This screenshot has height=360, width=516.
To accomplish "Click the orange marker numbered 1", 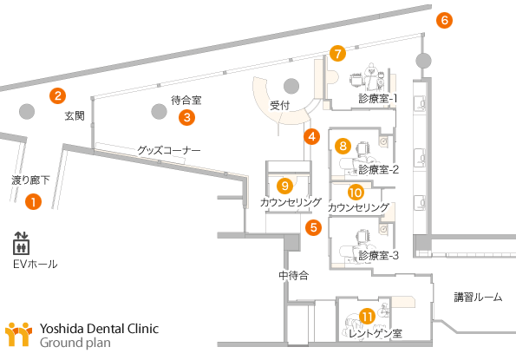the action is tap(33, 201).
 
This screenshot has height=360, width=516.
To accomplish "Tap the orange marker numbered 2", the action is tap(57, 95).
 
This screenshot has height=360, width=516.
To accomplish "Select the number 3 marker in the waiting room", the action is tap(187, 117).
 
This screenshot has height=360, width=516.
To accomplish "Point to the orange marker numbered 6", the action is tap(444, 20).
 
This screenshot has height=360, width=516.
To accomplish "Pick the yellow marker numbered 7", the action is tap(337, 53).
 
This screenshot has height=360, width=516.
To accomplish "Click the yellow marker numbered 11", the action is tap(367, 317).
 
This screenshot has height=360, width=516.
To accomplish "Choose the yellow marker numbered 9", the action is tap(285, 186).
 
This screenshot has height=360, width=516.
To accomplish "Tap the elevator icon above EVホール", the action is tap(22, 243).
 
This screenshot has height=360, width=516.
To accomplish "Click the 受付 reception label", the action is tap(280, 106).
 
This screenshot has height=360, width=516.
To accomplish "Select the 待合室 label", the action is tap(186, 100).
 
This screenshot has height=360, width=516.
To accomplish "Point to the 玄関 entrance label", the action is tap(75, 116).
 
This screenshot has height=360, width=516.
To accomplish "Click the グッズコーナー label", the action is tap(169, 151).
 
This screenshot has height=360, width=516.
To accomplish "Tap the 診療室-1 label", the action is tap(378, 98).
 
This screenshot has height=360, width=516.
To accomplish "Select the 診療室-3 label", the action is tap(379, 255).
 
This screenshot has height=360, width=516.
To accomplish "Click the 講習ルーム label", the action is tap(478, 298).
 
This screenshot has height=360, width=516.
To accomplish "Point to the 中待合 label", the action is tap(294, 275).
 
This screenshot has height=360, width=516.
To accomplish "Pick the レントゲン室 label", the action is tap(376, 334).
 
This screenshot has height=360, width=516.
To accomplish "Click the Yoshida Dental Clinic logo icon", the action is tap(19, 334).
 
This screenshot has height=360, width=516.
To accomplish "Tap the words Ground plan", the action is tap(75, 343).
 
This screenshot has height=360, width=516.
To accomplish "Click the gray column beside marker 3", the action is tap(159, 112).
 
